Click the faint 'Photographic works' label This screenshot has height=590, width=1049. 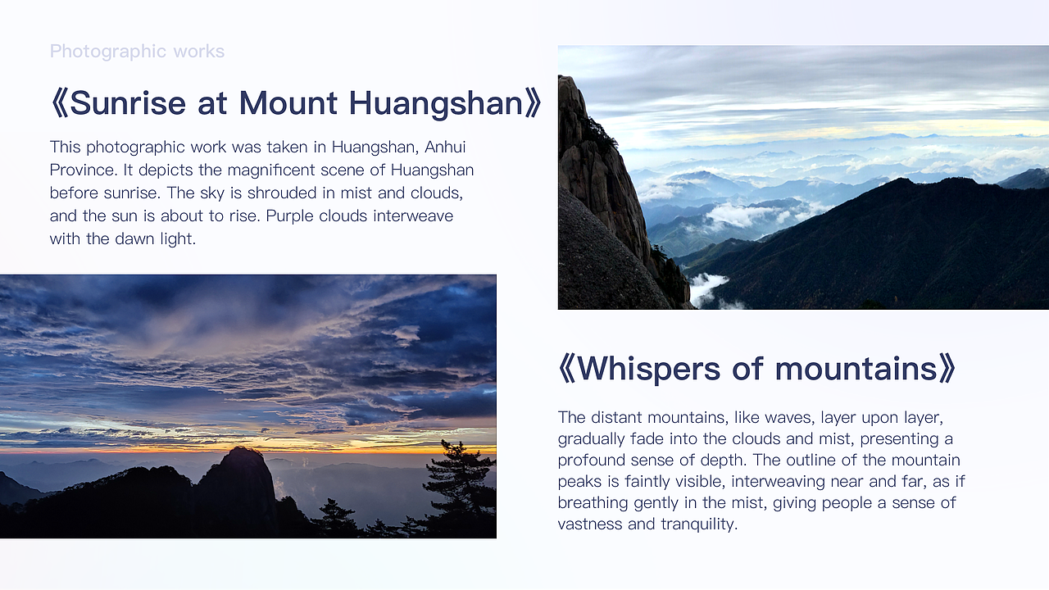tap(137, 52)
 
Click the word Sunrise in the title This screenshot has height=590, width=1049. tap(129, 103)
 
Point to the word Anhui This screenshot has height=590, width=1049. tap(447, 147)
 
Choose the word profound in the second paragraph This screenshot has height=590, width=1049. tap(592, 460)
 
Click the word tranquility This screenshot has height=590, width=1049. tap(698, 524)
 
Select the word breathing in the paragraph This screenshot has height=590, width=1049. tap(593, 502)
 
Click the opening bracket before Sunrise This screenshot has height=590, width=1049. tap(58, 103)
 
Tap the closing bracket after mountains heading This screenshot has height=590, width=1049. tap(947, 369)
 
